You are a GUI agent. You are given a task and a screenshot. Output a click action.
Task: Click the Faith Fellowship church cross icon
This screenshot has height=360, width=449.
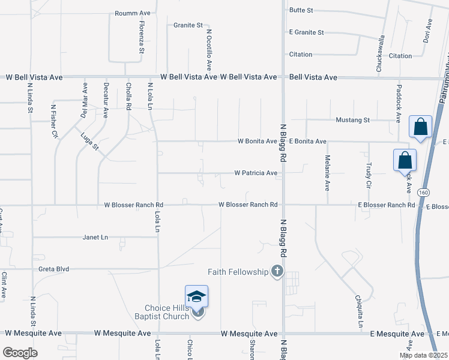pos(277,272)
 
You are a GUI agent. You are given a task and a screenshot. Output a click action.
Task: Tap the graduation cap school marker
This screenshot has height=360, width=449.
pos(196,296)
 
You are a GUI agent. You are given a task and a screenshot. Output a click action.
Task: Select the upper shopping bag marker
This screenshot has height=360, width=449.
pos(420,127)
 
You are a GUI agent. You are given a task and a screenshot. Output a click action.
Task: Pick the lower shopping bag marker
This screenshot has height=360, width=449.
pos(405,161)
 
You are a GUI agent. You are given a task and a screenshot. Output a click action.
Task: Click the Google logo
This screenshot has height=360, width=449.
pos(20,353)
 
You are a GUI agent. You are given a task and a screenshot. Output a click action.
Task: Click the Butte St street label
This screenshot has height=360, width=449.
pos(301,10)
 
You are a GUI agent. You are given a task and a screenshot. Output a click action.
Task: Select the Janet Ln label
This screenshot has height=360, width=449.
pos(95,238)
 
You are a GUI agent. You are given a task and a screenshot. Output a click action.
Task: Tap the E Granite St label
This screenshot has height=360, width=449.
pos(306,32)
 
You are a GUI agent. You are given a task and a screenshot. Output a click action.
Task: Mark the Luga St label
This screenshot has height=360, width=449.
pos(90,142)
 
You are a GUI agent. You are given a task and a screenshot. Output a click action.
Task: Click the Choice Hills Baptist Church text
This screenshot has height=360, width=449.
pos(167,312)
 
